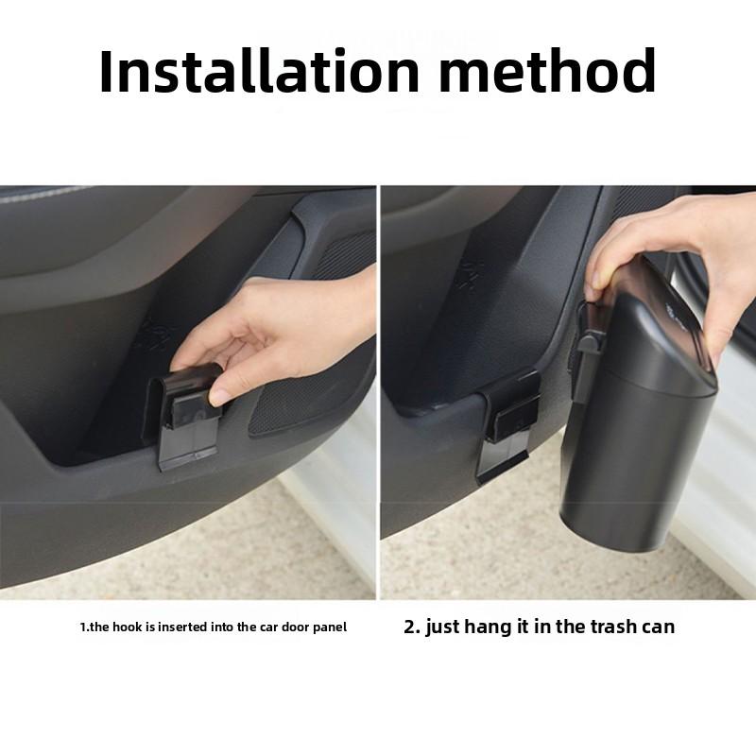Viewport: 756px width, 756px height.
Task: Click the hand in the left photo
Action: click(283, 331)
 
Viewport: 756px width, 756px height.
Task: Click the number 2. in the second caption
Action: click(411, 627)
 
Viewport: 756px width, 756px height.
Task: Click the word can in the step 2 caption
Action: click(658, 627)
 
